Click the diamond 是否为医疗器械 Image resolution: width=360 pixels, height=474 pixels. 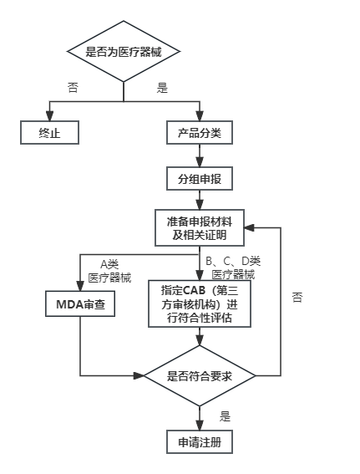coord(124,51)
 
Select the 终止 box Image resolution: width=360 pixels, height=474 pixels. coord(50,132)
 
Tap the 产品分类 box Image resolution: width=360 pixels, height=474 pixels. coord(200,132)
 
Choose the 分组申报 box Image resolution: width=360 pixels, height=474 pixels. coord(200,178)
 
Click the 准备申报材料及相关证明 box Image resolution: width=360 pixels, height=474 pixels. coord(200,227)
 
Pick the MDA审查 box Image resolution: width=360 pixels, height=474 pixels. coord(80,303)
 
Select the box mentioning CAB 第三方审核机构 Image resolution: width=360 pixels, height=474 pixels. coord(200,303)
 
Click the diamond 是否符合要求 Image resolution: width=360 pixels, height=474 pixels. coord(200,375)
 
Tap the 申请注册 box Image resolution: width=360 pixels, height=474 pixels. coord(200,442)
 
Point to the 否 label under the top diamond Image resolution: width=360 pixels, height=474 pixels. coord(73,88)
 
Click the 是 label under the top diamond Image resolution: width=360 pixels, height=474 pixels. coord(162,88)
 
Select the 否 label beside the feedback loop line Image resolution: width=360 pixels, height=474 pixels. coord(297,297)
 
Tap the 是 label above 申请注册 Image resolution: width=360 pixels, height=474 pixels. coord(225,416)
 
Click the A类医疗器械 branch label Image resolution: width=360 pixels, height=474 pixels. coord(109,271)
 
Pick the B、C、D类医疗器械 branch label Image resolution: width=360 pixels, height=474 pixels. coord(233,268)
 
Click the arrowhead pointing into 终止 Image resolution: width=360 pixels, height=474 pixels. coord(50,116)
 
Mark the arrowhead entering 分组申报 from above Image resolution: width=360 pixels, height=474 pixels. coord(200,162)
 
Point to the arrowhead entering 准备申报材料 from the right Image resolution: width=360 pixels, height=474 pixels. coord(249,227)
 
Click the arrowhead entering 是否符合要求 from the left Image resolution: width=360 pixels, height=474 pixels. coord(139,375)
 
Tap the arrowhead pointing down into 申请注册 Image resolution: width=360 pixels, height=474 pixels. coord(200,426)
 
